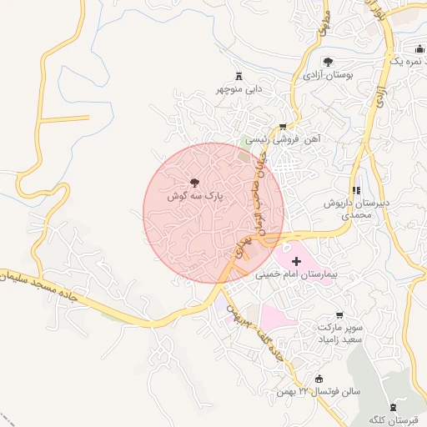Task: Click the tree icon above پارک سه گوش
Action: click(x=193, y=181)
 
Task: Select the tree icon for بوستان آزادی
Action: click(x=328, y=61)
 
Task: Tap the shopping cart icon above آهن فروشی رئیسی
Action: click(x=282, y=126)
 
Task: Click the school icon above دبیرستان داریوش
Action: click(x=357, y=190)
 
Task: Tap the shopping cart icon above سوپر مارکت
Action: click(x=339, y=315)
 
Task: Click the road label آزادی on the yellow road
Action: click(x=379, y=92)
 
